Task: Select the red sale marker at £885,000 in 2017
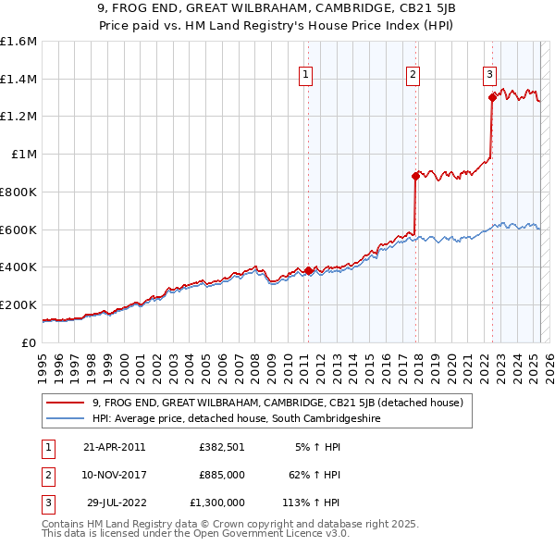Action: [415, 176]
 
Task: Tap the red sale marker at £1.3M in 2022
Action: [492, 97]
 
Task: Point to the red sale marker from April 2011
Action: [308, 270]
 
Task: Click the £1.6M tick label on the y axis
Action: [18, 42]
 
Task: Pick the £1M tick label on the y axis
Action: [22, 155]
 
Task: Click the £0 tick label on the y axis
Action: [28, 342]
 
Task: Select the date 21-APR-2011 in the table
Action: [115, 447]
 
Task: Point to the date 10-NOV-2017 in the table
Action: [115, 475]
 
